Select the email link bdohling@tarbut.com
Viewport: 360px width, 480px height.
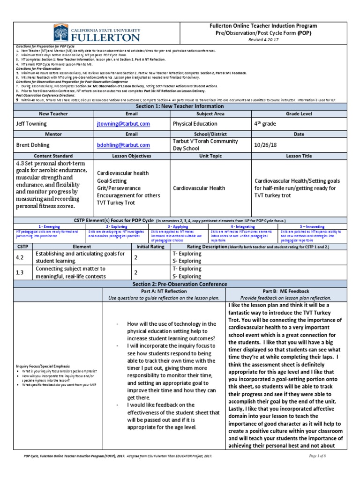pyautogui.click(x=123, y=145)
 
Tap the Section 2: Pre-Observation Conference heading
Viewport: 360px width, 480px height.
pyautogui.click(x=180, y=284)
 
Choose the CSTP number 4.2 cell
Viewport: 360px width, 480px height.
pyautogui.click(x=19, y=257)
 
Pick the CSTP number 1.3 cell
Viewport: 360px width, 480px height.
pyautogui.click(x=19, y=272)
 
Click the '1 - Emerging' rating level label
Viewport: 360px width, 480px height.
pyautogui.click(x=49, y=226)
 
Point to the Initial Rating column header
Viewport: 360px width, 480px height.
pyautogui.click(x=150, y=246)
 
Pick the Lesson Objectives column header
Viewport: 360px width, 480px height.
pyautogui.click(x=132, y=156)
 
